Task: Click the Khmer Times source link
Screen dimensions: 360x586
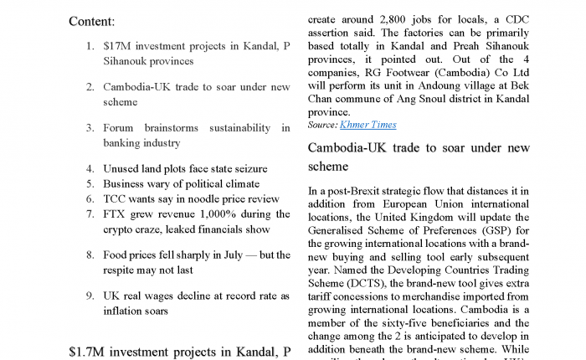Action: coord(368,125)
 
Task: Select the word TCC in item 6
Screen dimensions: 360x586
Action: coord(116,198)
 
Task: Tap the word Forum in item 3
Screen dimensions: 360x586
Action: coord(121,128)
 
